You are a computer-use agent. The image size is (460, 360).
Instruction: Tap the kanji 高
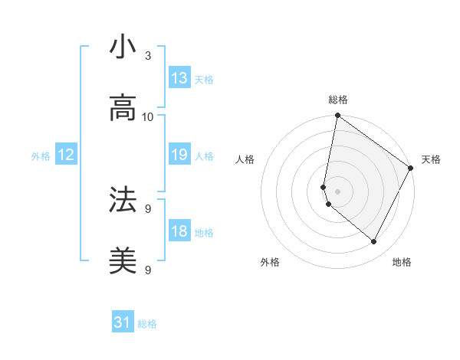click(123, 109)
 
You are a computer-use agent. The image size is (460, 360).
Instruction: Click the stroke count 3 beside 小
click(148, 56)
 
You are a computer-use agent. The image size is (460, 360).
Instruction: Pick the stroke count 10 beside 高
click(148, 117)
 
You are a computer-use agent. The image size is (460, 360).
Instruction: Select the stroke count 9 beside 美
click(148, 270)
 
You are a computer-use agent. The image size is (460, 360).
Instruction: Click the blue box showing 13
click(179, 78)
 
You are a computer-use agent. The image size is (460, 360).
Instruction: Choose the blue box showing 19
click(179, 155)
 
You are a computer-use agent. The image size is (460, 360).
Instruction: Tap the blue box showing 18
click(179, 231)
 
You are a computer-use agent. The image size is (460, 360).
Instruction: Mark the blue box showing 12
click(66, 155)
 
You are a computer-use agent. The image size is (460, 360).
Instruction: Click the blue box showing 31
click(123, 323)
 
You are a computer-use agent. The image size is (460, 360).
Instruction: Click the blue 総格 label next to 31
click(147, 324)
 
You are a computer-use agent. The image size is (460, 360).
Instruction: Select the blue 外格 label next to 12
click(41, 155)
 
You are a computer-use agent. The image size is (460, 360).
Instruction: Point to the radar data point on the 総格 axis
click(337, 116)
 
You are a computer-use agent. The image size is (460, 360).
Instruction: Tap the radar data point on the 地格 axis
click(374, 242)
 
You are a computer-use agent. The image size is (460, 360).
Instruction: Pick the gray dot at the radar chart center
click(337, 191)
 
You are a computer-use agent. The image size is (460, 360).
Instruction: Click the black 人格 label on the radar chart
click(245, 159)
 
